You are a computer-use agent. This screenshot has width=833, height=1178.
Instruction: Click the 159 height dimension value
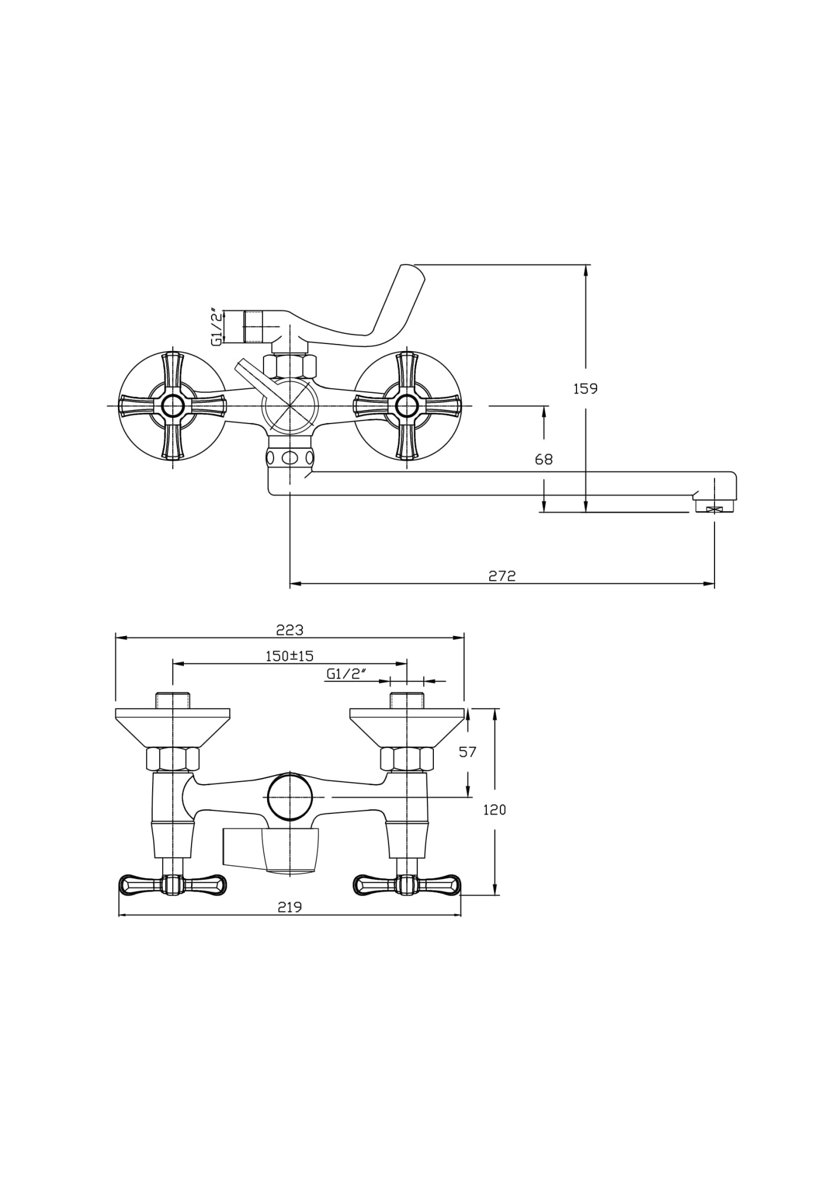(x=585, y=389)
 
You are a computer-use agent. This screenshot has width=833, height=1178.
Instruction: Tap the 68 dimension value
(x=544, y=459)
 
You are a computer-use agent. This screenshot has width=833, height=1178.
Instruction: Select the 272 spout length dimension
(x=502, y=576)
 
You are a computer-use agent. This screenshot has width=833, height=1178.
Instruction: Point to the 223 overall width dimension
(x=289, y=630)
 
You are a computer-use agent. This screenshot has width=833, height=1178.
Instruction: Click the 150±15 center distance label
(x=289, y=656)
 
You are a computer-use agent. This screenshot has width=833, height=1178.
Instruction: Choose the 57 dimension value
(x=467, y=752)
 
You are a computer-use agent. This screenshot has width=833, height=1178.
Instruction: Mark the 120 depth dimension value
(x=494, y=810)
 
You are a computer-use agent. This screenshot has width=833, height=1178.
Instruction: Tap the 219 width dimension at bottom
(x=289, y=908)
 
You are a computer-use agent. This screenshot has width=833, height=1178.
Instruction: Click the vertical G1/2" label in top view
(x=217, y=326)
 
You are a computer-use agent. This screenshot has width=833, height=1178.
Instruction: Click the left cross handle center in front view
(x=172, y=406)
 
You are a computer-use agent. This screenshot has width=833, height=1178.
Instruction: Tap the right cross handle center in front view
(x=406, y=406)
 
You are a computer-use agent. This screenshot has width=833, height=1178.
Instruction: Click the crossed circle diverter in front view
(x=289, y=406)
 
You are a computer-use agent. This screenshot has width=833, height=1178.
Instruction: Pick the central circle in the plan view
(x=289, y=797)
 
